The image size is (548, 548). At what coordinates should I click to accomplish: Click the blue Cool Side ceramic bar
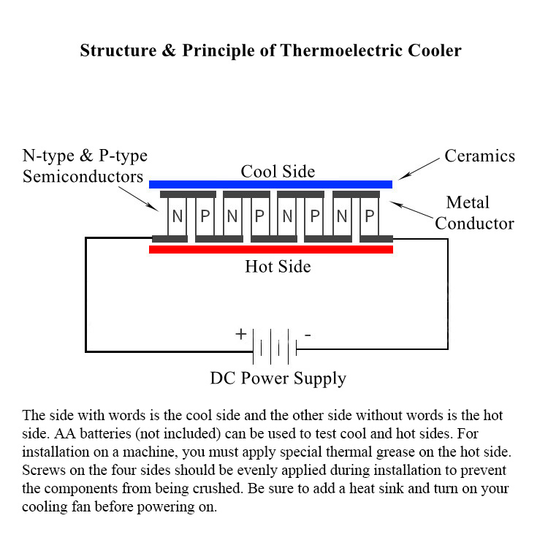click(270, 184)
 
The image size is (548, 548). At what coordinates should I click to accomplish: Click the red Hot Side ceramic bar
click(270, 249)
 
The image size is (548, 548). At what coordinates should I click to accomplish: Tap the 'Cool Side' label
click(278, 172)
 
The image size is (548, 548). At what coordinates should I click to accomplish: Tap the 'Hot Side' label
click(278, 266)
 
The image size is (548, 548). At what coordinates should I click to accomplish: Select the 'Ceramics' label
click(480, 156)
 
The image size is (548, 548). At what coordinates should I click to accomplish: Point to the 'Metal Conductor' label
click(474, 213)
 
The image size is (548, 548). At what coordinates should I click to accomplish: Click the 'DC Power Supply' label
click(278, 378)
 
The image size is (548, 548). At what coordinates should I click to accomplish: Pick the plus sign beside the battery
click(240, 335)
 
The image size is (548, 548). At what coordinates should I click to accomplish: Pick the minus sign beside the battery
click(308, 335)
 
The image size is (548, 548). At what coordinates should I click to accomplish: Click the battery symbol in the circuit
click(275, 346)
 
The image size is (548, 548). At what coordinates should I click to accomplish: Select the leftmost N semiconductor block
click(178, 216)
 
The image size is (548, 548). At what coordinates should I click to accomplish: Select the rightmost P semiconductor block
click(370, 216)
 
